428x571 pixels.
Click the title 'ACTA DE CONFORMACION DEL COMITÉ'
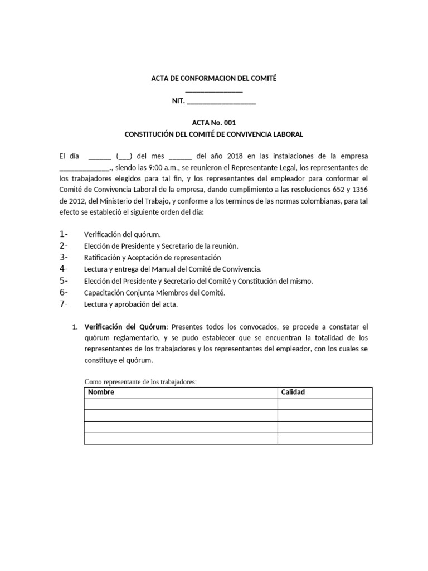214,79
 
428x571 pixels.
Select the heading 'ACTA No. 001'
214,123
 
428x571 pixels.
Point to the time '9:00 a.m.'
162,167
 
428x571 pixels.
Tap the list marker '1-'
63,234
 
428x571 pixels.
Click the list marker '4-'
63,269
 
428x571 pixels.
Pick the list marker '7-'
63,304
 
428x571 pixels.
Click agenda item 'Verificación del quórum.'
122,235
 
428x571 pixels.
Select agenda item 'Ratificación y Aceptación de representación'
152,258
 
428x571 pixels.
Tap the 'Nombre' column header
101,393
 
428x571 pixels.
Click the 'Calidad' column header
293,393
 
